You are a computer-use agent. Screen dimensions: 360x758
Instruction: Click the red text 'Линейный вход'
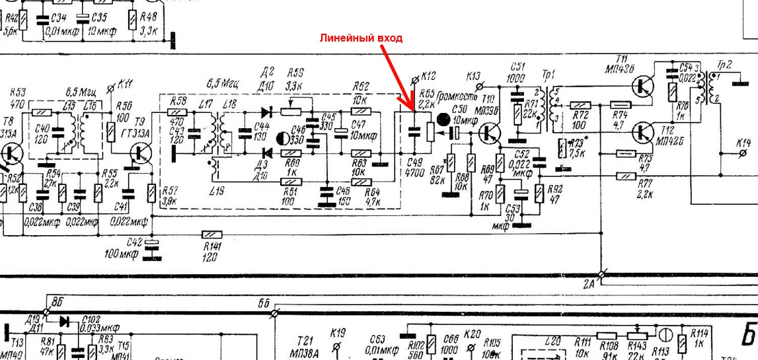[361, 38]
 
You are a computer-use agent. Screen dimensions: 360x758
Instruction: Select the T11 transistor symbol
[640, 85]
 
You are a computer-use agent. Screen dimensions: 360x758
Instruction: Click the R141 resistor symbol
[211, 234]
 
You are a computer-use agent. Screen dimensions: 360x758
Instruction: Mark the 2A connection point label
[589, 284]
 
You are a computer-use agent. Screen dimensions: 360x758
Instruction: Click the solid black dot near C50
[444, 119]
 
